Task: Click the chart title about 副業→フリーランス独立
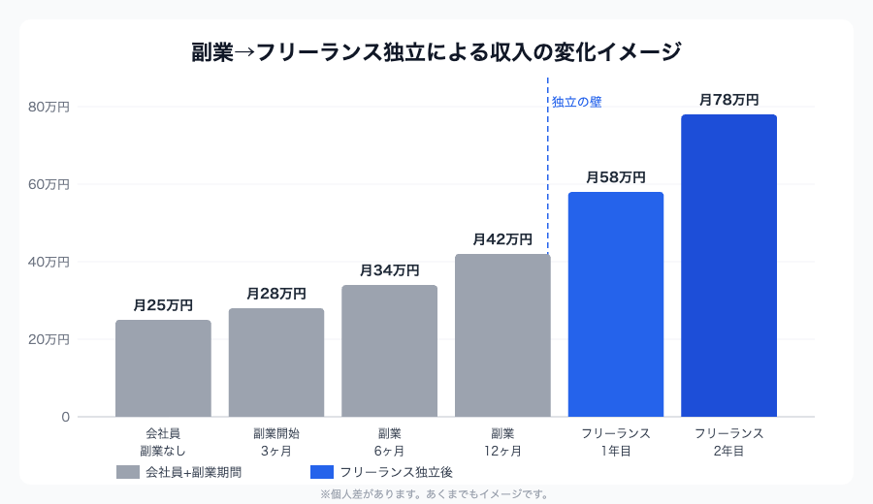click(436, 51)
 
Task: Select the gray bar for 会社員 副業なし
click(163, 368)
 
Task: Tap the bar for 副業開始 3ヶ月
click(276, 362)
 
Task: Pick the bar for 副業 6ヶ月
click(389, 351)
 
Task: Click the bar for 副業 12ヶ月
click(502, 335)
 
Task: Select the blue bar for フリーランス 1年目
click(616, 304)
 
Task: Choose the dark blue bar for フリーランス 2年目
click(728, 266)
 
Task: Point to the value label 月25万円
click(163, 305)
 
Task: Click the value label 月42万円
click(502, 239)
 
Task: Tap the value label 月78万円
click(728, 100)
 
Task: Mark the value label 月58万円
click(616, 177)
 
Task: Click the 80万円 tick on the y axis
click(48, 107)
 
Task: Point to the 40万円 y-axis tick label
click(48, 262)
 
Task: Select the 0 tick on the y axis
click(66, 417)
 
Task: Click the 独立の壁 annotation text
click(577, 102)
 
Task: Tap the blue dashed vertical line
click(548, 174)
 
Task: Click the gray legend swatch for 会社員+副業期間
click(128, 472)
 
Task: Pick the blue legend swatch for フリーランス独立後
click(322, 472)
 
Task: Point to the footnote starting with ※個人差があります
click(436, 494)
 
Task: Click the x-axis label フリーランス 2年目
click(728, 442)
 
